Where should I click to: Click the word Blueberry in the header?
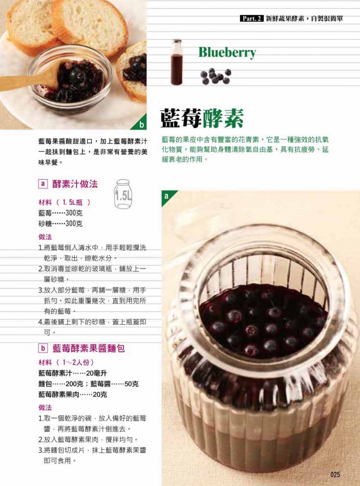coord(227,53)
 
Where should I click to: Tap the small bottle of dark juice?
coord(176,62)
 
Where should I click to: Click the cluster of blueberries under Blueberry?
coord(216,76)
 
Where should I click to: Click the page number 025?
coord(335,474)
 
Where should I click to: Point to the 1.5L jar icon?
coord(123,194)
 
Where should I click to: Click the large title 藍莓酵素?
coord(202,118)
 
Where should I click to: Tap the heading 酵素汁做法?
coord(75,184)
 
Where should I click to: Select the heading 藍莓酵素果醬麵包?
coord(89,348)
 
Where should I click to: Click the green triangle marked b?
coord(142,125)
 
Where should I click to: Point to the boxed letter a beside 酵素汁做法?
coord(43,184)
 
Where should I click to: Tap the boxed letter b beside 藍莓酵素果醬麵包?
coord(43,348)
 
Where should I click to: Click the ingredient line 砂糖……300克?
coord(60,224)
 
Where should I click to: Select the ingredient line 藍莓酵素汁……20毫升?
coord(72,373)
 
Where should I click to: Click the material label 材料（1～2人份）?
coord(66,362)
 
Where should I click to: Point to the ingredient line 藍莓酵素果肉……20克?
coord(72,395)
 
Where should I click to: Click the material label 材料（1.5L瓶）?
coord(64,202)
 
